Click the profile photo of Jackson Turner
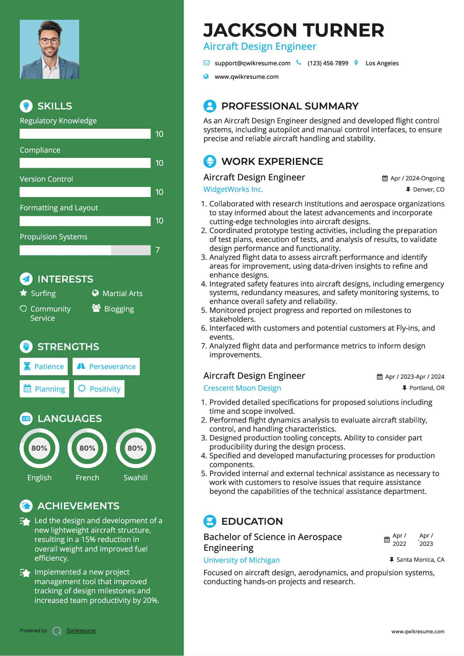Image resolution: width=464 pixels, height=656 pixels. click(x=49, y=49)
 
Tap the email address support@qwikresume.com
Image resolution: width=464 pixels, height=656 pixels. click(x=252, y=63)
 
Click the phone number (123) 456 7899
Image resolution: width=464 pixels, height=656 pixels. click(x=327, y=63)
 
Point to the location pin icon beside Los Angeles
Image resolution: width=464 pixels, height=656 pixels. click(x=356, y=63)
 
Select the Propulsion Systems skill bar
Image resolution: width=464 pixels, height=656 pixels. click(x=85, y=250)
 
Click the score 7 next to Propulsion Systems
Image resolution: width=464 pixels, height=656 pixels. click(x=158, y=250)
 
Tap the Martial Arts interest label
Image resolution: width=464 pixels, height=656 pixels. click(x=122, y=293)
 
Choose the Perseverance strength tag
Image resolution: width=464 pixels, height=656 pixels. click(x=106, y=367)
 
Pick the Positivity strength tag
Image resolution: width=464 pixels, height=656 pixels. click(x=99, y=389)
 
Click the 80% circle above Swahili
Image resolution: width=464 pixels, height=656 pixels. click(x=136, y=448)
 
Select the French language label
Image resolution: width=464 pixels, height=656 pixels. click(x=87, y=478)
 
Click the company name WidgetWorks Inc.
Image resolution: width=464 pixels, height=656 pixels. click(x=233, y=189)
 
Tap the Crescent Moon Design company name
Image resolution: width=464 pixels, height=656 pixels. click(x=242, y=388)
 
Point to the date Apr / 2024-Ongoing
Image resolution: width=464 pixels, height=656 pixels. click(x=417, y=178)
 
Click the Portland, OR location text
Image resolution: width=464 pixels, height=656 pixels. click(x=426, y=388)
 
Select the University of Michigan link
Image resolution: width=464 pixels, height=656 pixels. click(x=241, y=560)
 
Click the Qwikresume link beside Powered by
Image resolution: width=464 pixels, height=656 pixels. click(x=81, y=631)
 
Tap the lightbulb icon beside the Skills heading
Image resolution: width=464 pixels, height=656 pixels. click(x=26, y=106)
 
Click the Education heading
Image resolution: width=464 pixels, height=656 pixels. click(x=252, y=521)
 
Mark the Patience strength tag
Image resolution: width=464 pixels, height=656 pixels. click(x=44, y=367)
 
